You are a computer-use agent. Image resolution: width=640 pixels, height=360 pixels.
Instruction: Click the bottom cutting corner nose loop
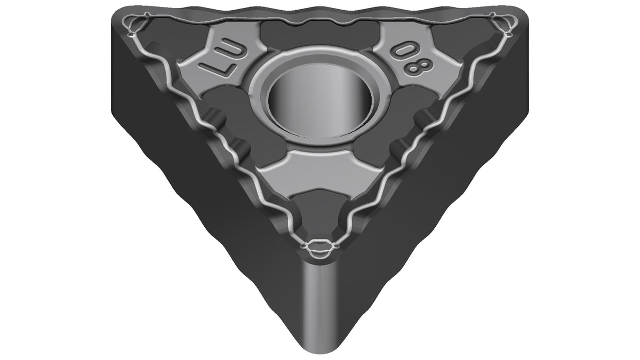coord(319,249)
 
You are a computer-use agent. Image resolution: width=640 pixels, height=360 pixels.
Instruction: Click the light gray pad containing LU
coord(217,61)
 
